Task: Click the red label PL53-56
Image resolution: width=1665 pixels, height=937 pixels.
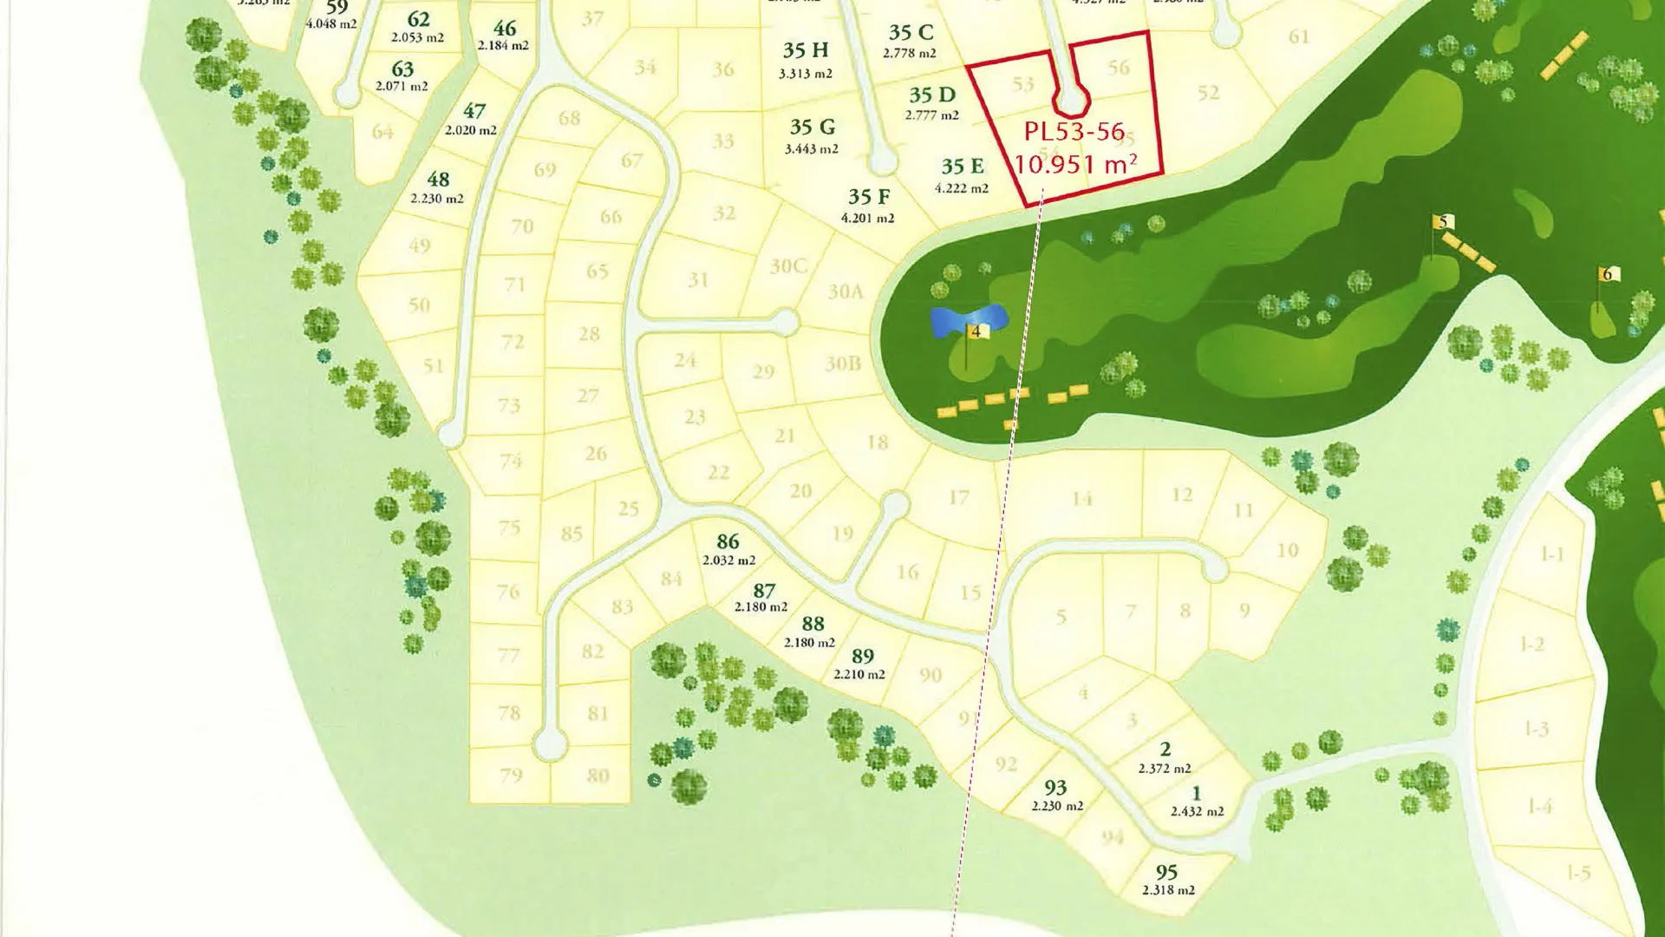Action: (x=1074, y=132)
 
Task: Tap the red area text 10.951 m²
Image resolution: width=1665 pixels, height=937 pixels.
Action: (x=1075, y=164)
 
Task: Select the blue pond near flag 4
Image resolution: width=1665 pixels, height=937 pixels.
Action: (x=968, y=319)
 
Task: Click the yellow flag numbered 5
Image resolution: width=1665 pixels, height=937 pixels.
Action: (x=1444, y=222)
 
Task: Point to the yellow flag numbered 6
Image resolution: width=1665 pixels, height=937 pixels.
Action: (x=1607, y=274)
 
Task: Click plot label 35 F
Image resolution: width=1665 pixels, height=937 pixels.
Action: (x=869, y=197)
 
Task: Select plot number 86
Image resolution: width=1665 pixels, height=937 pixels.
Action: (x=728, y=542)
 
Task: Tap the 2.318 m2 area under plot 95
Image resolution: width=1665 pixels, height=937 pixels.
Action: (x=1168, y=890)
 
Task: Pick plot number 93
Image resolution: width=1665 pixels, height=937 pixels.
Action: (x=1055, y=788)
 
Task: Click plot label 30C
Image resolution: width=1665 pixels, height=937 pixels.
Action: (x=788, y=266)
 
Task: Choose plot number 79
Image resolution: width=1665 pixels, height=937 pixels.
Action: (x=511, y=775)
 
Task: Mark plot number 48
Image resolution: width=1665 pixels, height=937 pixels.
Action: (x=438, y=180)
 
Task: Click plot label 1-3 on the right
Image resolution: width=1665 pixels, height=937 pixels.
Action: (x=1536, y=728)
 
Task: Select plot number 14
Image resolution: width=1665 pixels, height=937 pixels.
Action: (x=1081, y=499)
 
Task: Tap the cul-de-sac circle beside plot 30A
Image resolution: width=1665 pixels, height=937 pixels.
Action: (x=786, y=324)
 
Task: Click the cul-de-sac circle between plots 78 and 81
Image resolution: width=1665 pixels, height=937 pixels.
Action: (x=550, y=744)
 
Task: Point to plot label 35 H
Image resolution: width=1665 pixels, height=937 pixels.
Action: (x=806, y=50)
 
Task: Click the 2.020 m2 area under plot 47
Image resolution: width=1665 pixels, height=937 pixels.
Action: (x=471, y=130)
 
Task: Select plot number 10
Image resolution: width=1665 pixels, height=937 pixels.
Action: (x=1288, y=550)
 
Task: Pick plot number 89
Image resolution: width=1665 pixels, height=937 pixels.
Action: (x=862, y=656)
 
